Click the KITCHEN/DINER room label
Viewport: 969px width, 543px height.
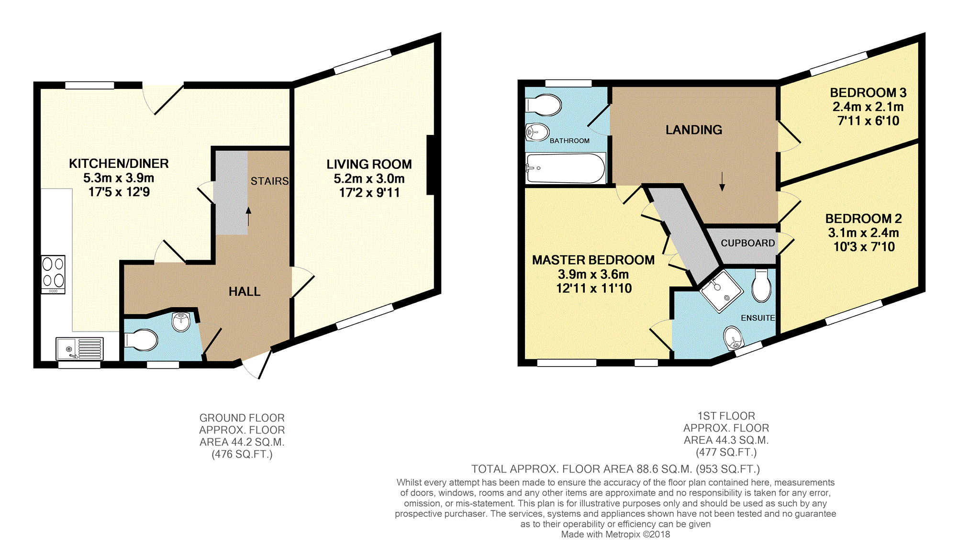click(119, 164)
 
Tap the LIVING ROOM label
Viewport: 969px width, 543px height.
click(369, 165)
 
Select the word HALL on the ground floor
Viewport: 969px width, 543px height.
click(245, 291)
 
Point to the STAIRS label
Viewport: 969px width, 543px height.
click(269, 181)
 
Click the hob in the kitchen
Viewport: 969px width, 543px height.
click(53, 274)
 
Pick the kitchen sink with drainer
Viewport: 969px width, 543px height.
click(79, 349)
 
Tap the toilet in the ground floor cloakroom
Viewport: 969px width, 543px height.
click(141, 341)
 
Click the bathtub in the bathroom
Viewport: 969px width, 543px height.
click(566, 168)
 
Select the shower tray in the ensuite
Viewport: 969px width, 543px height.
click(721, 291)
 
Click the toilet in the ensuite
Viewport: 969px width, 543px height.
click(761, 286)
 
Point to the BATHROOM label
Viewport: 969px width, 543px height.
click(569, 141)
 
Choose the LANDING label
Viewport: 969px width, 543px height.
click(694, 130)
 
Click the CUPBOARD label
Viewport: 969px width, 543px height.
click(748, 243)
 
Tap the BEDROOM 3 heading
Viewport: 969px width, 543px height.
click(868, 93)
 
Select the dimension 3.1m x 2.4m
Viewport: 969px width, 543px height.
click(864, 233)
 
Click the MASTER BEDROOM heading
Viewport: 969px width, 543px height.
click(593, 260)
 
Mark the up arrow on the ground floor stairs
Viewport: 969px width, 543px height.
click(248, 216)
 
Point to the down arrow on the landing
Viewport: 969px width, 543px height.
click(722, 181)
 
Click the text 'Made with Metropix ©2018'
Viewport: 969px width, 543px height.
click(615, 534)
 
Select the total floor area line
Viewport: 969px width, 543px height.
click(615, 469)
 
